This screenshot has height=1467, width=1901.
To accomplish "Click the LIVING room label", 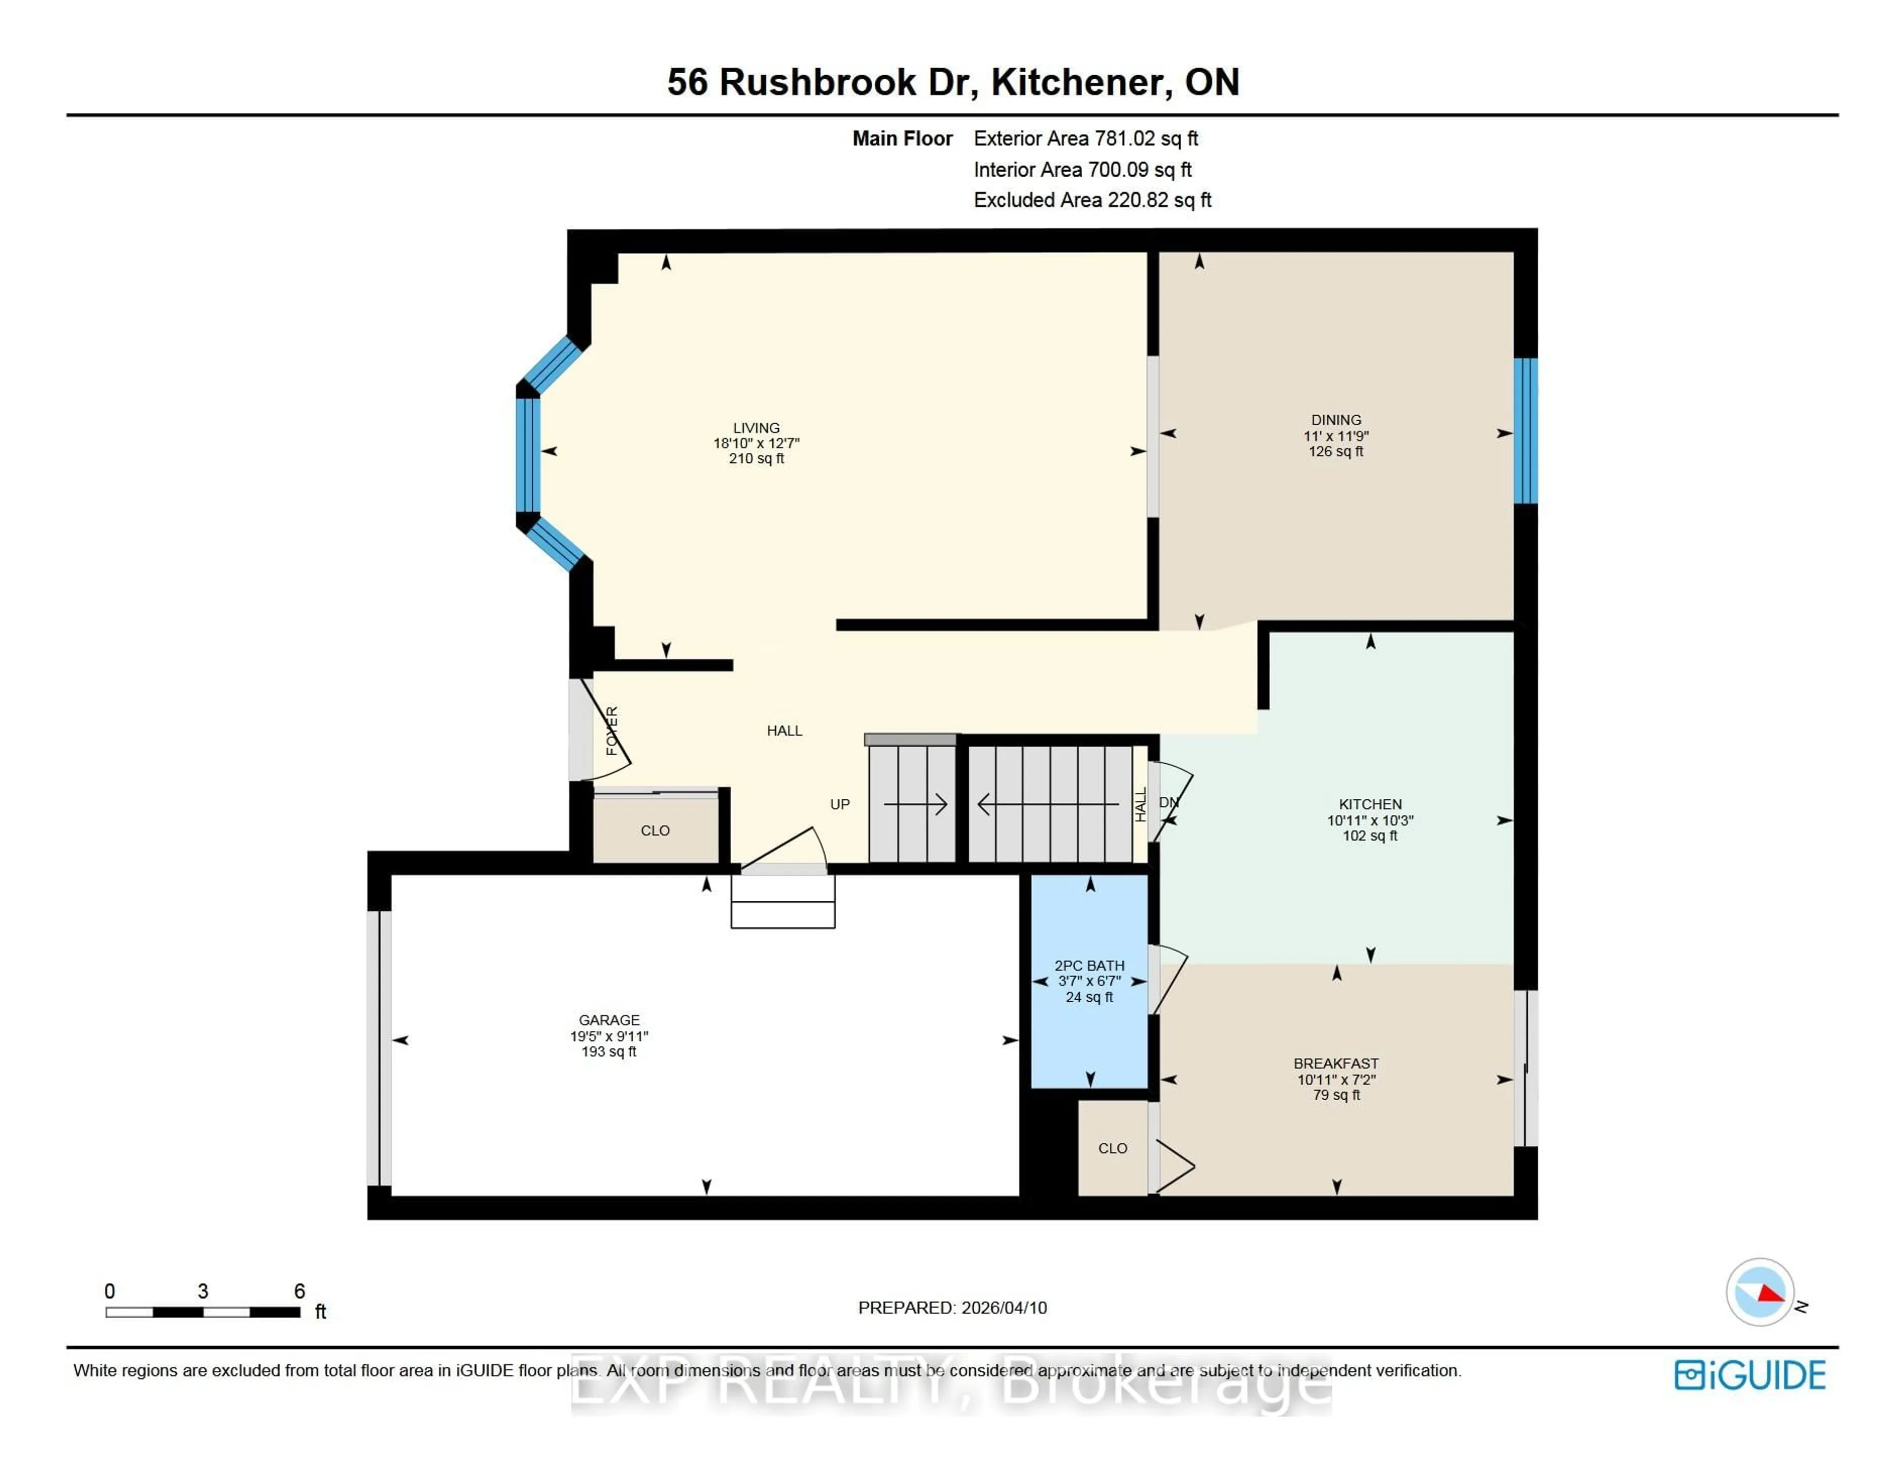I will click(x=755, y=428).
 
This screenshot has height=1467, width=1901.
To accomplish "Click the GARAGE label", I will click(x=608, y=1020).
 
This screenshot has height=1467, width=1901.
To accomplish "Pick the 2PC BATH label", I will click(x=1089, y=966).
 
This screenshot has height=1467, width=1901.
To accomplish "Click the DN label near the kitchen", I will click(x=1169, y=802).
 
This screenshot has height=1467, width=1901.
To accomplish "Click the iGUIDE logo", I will click(x=1750, y=1375).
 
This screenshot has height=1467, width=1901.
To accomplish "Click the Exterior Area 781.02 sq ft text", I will click(x=1086, y=139).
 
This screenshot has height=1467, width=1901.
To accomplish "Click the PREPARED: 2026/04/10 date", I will click(x=952, y=1308).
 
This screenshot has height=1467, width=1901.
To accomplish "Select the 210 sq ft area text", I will click(x=755, y=458).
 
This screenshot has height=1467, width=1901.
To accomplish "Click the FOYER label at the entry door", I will click(x=612, y=731).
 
